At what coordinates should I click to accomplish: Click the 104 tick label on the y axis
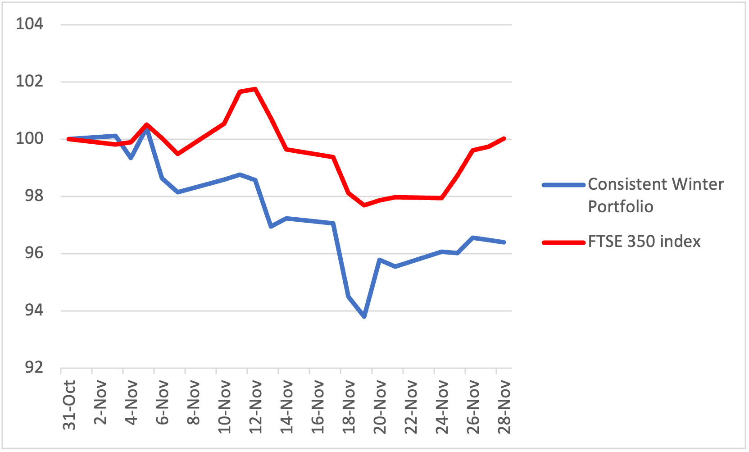click(30, 24)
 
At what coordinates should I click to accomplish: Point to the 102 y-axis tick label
click(30, 81)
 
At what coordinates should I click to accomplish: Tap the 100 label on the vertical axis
click(30, 138)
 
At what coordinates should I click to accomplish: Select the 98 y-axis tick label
click(34, 196)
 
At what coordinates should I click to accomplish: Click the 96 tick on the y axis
click(34, 253)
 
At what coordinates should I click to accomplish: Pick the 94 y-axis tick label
click(34, 310)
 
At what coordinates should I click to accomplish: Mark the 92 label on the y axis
click(34, 367)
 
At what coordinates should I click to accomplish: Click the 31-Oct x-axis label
click(69, 405)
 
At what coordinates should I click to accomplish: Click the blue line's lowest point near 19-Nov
click(364, 317)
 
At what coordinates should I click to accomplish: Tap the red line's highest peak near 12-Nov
click(255, 89)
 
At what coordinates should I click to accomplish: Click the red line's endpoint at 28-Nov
click(504, 138)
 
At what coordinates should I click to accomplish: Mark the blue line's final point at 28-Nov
click(504, 242)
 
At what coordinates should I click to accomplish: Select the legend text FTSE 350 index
click(644, 242)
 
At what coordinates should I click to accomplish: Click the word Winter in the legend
click(698, 184)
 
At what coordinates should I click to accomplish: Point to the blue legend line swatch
click(563, 185)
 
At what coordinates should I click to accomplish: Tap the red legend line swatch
click(563, 242)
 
